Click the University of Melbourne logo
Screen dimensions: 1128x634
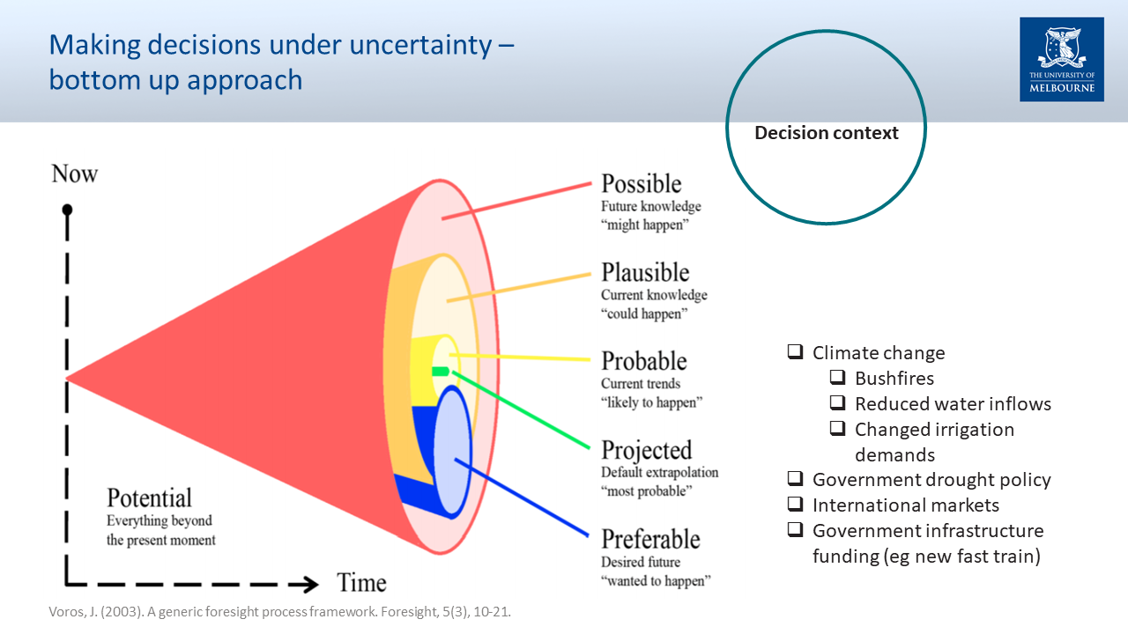(x=1062, y=59)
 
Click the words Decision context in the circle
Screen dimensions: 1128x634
(x=827, y=133)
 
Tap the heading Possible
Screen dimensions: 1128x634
(x=641, y=184)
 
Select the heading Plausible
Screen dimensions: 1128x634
(x=645, y=272)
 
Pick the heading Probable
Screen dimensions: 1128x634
(x=644, y=361)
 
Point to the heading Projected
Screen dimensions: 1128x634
(x=647, y=450)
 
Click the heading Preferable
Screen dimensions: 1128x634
(x=650, y=539)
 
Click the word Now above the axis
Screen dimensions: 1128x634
(x=75, y=174)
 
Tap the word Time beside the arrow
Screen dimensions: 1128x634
(x=361, y=583)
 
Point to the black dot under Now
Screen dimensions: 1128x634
(x=67, y=210)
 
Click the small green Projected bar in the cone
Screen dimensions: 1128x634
(x=441, y=372)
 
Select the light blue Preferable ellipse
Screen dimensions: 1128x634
(x=452, y=452)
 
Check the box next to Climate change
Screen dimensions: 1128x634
(x=795, y=351)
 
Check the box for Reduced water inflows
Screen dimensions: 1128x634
(x=837, y=402)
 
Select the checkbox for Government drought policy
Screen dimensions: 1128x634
(x=795, y=478)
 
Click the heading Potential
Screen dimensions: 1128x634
(x=149, y=498)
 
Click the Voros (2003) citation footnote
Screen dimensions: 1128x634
(x=280, y=612)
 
